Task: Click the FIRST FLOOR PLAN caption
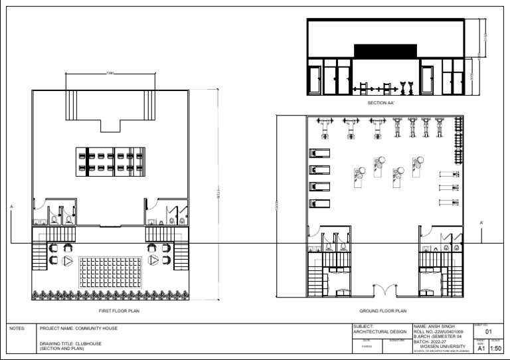(119, 311)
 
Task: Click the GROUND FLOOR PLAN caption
(382, 311)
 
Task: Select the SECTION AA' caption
(382, 103)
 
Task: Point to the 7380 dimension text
(110, 72)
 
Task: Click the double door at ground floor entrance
(383, 290)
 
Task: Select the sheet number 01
(489, 331)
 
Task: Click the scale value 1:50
(495, 347)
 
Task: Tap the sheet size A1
(481, 347)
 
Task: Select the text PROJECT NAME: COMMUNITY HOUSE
(78, 328)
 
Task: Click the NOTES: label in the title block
(17, 328)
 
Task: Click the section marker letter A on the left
(11, 207)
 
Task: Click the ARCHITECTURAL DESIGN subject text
(381, 332)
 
